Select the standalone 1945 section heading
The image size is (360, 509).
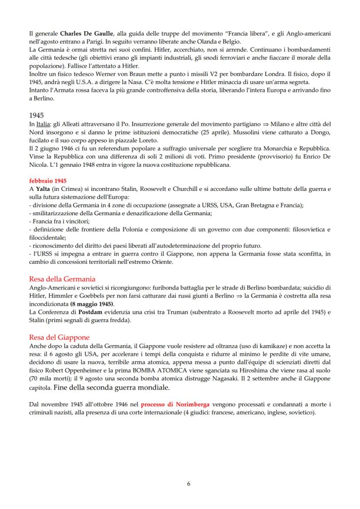coord(37,116)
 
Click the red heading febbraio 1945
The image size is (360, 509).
coord(47,180)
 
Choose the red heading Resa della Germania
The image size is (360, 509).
coord(62,279)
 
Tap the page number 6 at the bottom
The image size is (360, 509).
coord(188,483)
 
